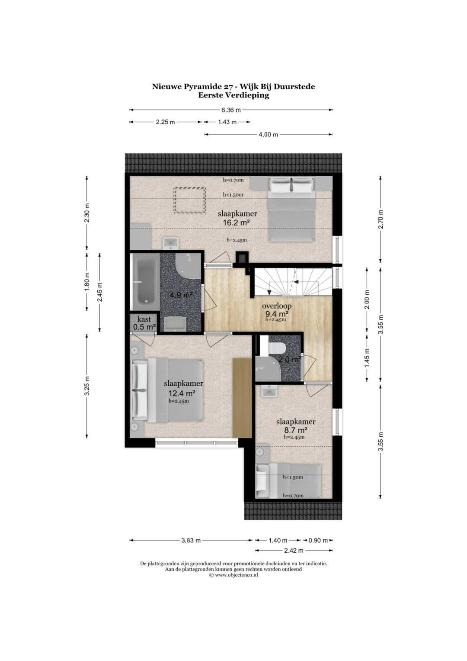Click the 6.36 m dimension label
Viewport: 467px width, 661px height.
[231, 110]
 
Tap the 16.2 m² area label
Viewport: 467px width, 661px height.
[237, 223]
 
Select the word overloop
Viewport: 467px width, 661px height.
[277, 306]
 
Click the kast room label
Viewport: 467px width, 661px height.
[144, 319]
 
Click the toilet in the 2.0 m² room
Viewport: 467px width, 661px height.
[277, 348]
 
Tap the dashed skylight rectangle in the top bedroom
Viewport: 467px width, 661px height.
[189, 200]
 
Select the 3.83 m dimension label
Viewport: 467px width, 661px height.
[191, 540]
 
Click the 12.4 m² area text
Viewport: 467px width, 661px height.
[182, 393]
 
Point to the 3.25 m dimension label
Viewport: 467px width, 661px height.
[87, 386]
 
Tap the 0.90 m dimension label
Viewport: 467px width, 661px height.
[318, 540]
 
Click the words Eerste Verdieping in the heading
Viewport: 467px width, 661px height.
[233, 95]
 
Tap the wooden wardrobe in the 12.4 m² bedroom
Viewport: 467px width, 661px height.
[242, 398]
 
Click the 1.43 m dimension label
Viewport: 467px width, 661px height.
[227, 122]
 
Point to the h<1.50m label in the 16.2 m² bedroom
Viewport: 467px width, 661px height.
[233, 195]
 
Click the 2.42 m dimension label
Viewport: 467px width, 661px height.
[294, 550]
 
